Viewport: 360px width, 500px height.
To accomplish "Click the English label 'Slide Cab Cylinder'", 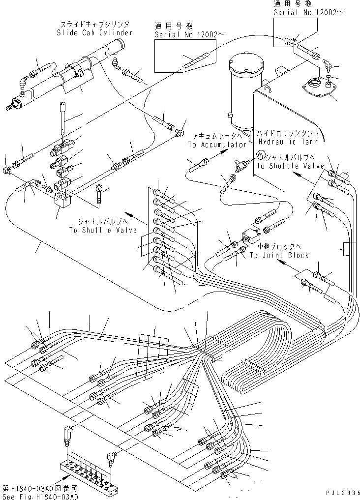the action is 94,32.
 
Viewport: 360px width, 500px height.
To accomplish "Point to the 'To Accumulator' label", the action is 217,145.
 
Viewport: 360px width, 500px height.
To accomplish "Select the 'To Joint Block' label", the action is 279,255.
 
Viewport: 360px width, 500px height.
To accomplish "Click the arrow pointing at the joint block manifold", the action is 62,481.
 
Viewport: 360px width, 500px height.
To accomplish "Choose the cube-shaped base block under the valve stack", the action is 62,199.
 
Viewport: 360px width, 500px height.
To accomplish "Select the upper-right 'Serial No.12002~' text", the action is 309,12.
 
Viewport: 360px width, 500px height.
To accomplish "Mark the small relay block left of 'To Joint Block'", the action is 250,236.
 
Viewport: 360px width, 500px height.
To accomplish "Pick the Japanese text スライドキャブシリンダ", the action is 95,24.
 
